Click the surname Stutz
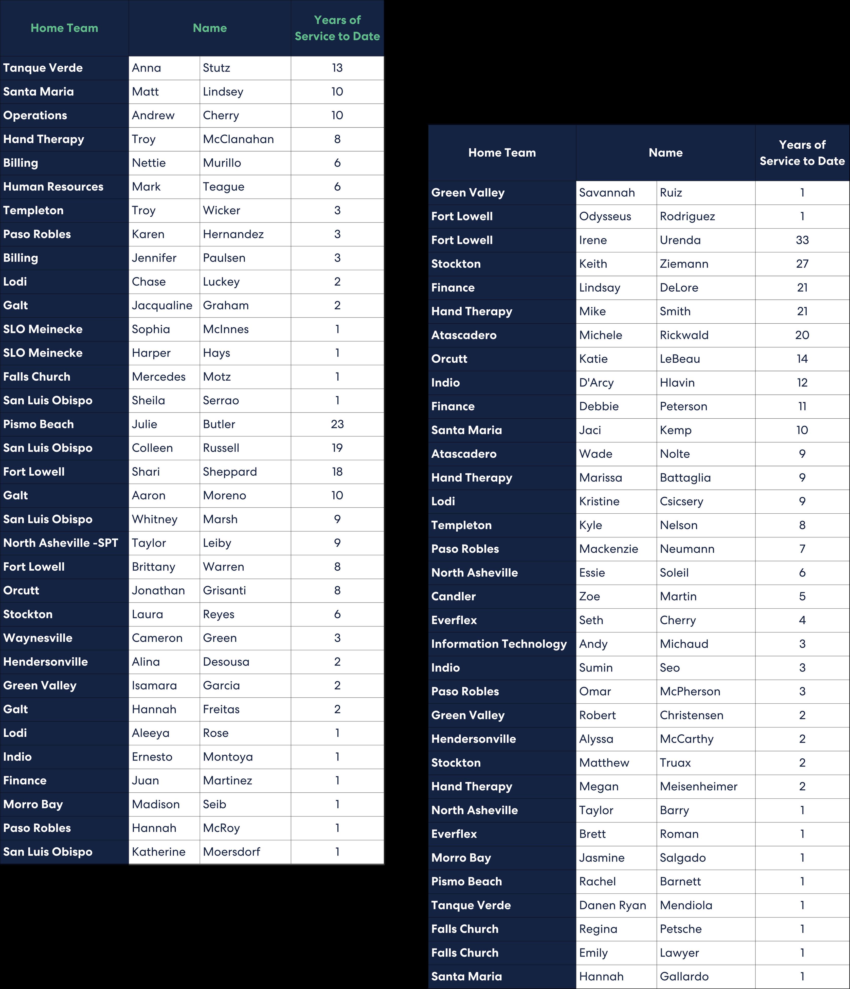[x=216, y=68]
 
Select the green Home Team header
[x=64, y=28]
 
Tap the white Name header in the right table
[x=665, y=153]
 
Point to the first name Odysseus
[x=605, y=216]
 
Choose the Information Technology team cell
[x=499, y=644]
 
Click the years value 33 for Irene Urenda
[x=802, y=240]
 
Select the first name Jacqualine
[x=162, y=306]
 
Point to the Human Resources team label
[x=53, y=187]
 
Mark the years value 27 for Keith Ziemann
[x=802, y=264]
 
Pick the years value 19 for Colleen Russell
[x=337, y=448]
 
